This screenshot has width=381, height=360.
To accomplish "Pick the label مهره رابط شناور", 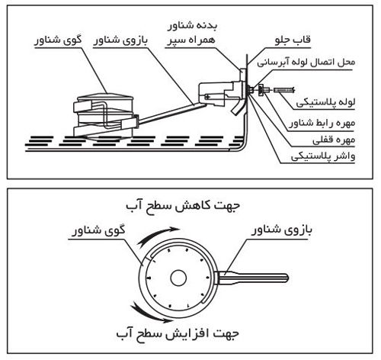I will click(x=331, y=122).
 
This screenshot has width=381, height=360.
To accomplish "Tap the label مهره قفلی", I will click(x=344, y=140).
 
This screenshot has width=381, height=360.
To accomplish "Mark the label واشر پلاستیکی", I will click(x=334, y=158).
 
